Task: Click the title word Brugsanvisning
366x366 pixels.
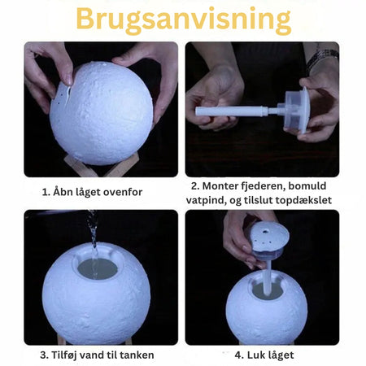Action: click(184, 20)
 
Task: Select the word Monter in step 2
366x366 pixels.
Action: click(220, 186)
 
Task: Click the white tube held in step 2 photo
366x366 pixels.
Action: click(232, 111)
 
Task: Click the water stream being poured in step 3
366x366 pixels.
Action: click(93, 238)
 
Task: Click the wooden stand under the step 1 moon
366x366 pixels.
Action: click(91, 167)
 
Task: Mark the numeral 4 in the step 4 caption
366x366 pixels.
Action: click(238, 355)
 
